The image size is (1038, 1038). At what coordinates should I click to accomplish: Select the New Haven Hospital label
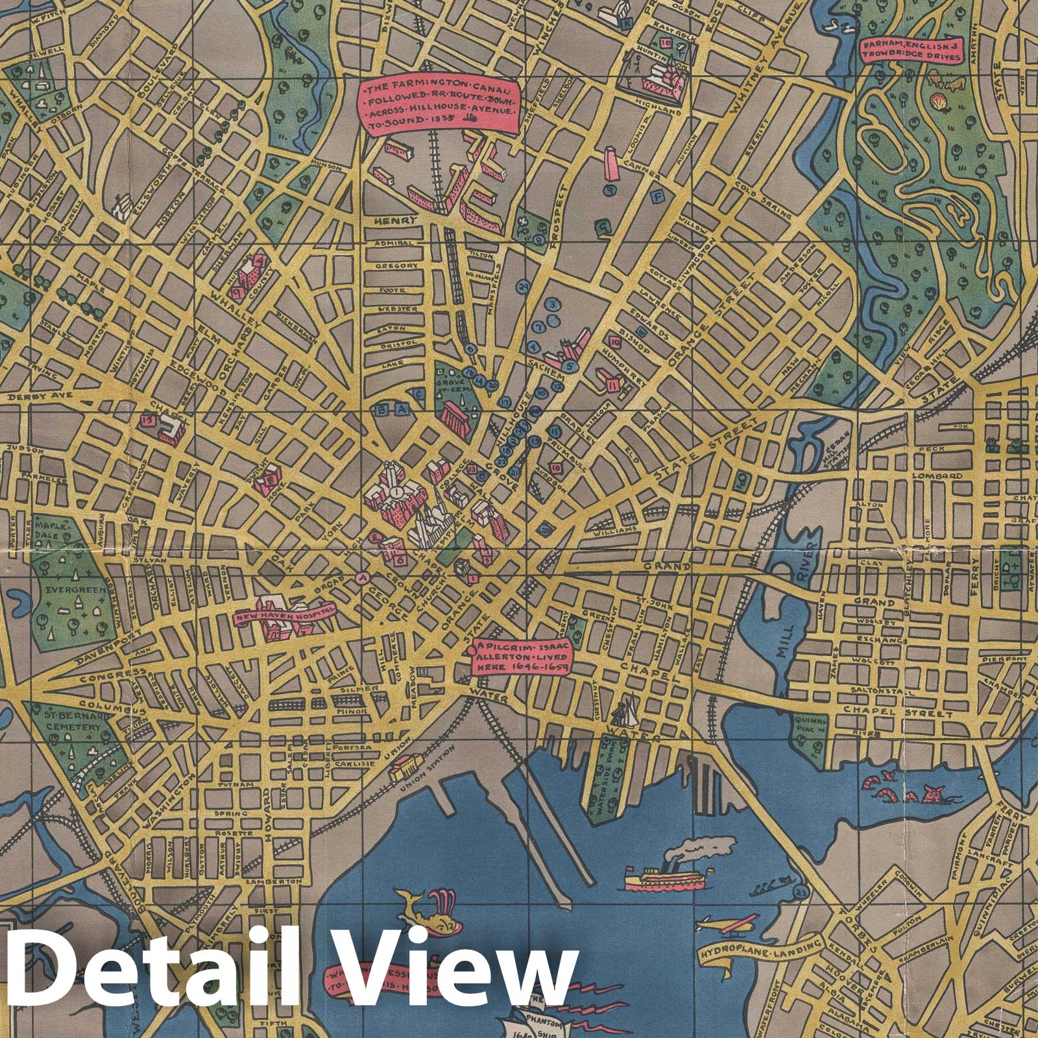[x=282, y=613]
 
